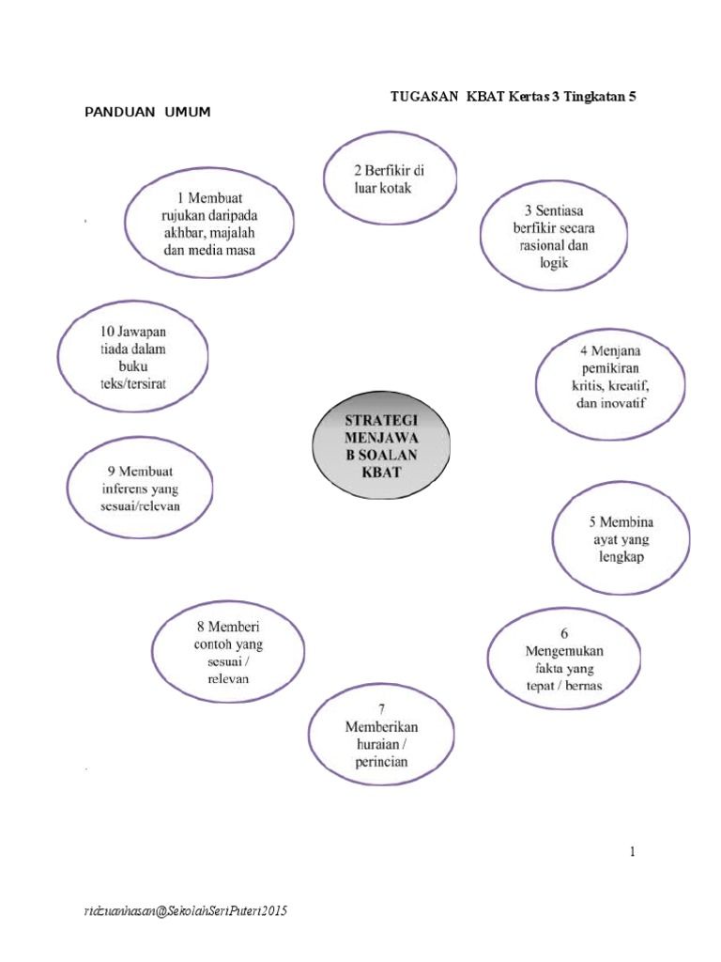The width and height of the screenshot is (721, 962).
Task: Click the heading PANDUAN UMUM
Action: (x=148, y=113)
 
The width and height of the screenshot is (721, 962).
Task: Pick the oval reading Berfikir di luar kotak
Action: (x=390, y=178)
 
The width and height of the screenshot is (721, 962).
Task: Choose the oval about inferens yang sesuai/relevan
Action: (x=140, y=488)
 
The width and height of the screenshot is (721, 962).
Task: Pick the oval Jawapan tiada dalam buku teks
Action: (x=134, y=358)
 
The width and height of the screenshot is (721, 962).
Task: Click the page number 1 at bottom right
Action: (x=633, y=852)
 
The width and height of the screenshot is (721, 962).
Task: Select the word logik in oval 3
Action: (x=554, y=264)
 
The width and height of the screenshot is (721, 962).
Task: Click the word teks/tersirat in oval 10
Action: (x=134, y=384)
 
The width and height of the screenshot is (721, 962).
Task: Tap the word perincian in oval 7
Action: (x=381, y=762)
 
